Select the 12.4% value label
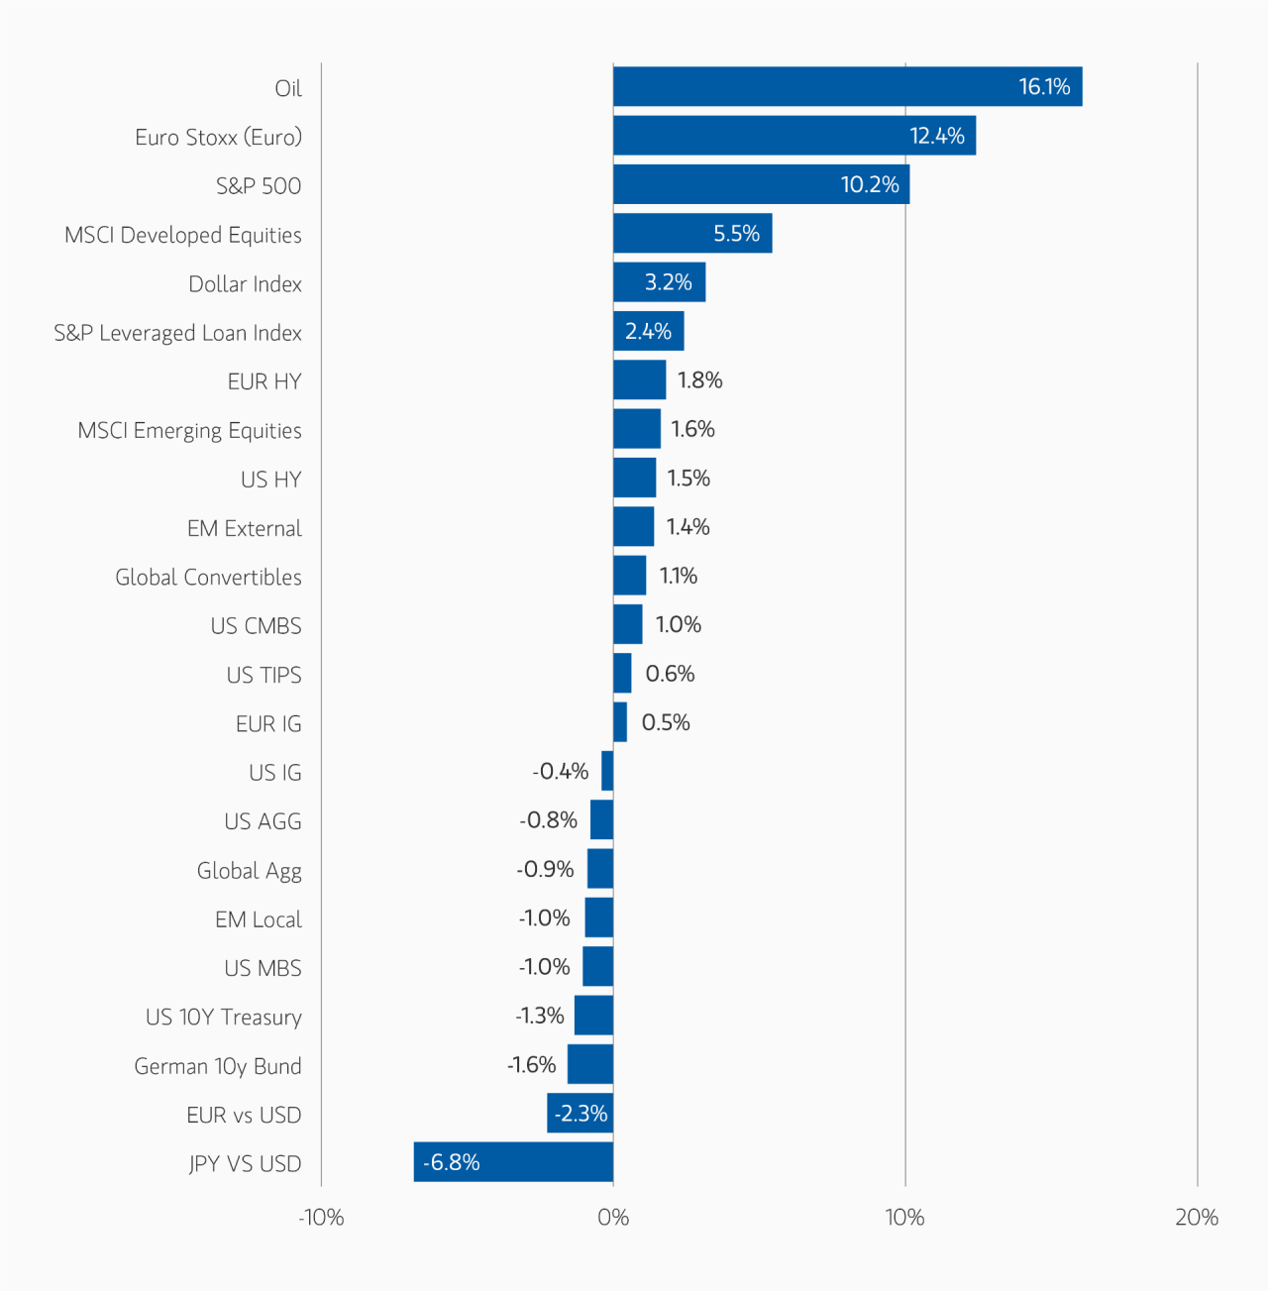[936, 136]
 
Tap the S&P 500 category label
[259, 186]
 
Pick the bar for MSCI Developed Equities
[691, 234]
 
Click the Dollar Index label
[245, 284]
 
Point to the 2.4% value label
[648, 332]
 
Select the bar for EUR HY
[639, 380]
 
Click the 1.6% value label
[692, 429]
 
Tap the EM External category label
[244, 529]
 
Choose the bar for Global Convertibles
[629, 576]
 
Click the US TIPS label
[264, 676]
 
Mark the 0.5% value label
[666, 722]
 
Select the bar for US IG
[607, 771]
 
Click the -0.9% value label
[545, 869]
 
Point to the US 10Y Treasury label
[223, 1018]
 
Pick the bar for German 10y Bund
[589, 1064]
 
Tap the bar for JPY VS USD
[513, 1162]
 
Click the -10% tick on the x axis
[321, 1218]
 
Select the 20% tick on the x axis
[1197, 1218]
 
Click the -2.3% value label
[581, 1114]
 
